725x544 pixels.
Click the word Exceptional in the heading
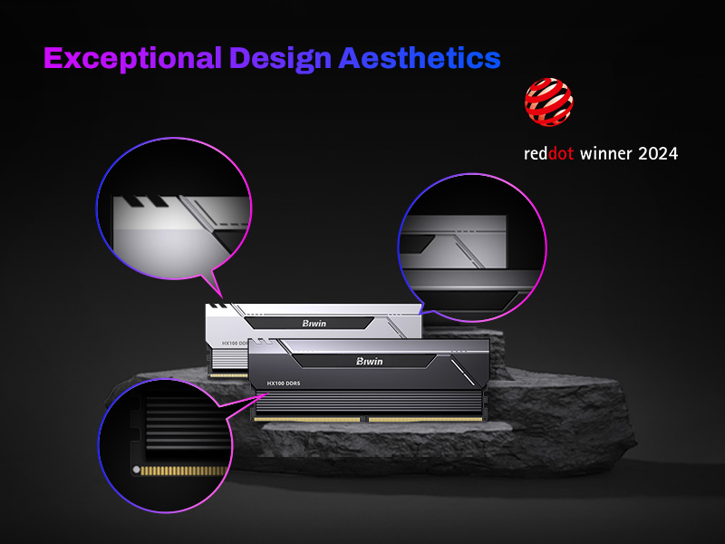[132, 58]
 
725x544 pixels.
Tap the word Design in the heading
[281, 60]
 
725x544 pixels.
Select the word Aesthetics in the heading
[420, 58]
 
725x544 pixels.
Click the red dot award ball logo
[549, 102]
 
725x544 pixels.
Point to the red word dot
[561, 153]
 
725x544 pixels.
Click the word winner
[605, 153]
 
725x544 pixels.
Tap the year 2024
[658, 153]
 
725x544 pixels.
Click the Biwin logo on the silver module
[314, 324]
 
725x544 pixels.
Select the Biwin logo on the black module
[370, 361]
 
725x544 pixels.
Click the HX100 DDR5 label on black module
[284, 384]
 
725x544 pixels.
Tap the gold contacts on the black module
[368, 420]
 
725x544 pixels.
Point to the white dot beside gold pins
[136, 470]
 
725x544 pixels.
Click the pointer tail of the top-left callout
[213, 286]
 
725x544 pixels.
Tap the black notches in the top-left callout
[144, 201]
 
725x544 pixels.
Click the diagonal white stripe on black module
[463, 372]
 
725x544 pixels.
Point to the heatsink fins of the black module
[369, 403]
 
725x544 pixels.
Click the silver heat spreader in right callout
[452, 241]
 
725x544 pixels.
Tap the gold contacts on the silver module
[228, 375]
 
